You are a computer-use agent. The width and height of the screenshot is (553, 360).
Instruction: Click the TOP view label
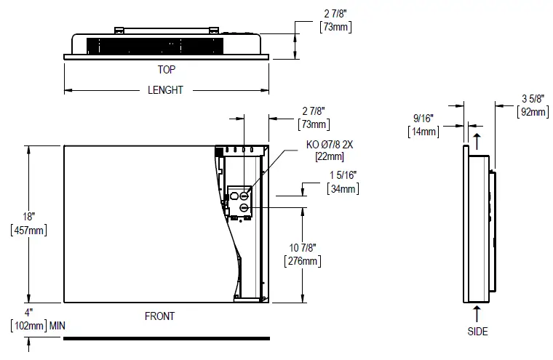click(x=166, y=70)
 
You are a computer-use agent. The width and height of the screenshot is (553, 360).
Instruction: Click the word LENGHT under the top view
click(x=166, y=90)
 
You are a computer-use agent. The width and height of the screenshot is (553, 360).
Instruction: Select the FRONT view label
click(x=159, y=316)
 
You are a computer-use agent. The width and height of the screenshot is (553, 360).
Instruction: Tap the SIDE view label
click(x=477, y=332)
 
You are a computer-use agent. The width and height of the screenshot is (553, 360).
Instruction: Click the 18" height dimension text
click(x=28, y=217)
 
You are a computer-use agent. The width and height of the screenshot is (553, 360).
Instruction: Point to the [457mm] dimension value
click(x=28, y=230)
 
